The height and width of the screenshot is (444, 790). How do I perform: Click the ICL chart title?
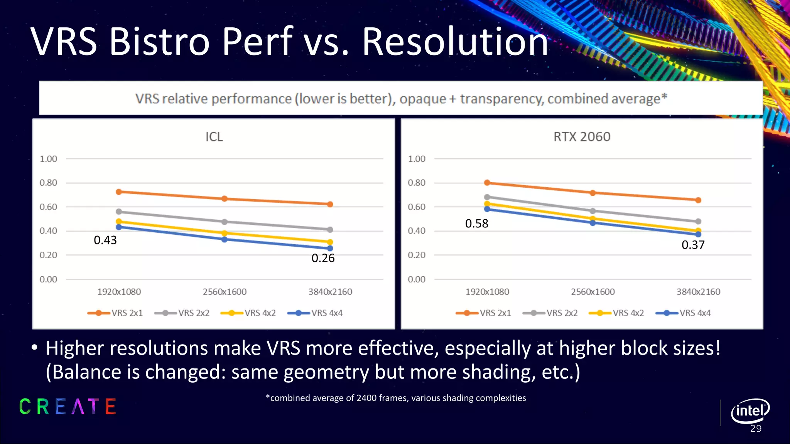point(214,137)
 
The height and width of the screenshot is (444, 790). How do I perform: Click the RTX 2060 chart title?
point(582,137)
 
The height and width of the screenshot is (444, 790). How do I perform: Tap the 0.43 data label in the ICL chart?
point(105,240)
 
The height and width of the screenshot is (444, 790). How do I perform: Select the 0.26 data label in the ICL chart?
point(323,258)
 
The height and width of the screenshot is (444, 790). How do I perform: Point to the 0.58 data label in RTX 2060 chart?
point(476,224)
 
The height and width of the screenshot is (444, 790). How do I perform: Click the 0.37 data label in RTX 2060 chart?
point(693,245)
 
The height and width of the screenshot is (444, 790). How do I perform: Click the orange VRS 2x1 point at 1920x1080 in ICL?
point(119,192)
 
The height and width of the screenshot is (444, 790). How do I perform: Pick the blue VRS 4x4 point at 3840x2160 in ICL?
point(330,248)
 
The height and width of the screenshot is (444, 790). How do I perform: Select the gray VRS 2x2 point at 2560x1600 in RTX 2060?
point(592,211)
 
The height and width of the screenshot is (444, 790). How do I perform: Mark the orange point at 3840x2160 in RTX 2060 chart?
point(698,200)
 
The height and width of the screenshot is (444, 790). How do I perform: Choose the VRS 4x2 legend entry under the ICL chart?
point(249,313)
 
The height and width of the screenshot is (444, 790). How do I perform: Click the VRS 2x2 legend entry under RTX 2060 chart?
point(550,313)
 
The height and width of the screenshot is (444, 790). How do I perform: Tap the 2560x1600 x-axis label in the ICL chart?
point(225,292)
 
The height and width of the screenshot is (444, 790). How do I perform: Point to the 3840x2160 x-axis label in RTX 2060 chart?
point(698,292)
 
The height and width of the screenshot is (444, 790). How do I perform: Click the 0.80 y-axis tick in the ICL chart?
point(48,183)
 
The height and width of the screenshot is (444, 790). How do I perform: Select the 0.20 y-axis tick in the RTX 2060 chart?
point(417,255)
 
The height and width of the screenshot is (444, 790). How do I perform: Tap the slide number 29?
point(756,429)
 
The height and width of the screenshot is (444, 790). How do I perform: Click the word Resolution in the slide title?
point(455,42)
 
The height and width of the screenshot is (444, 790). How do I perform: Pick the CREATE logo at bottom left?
point(68,407)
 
